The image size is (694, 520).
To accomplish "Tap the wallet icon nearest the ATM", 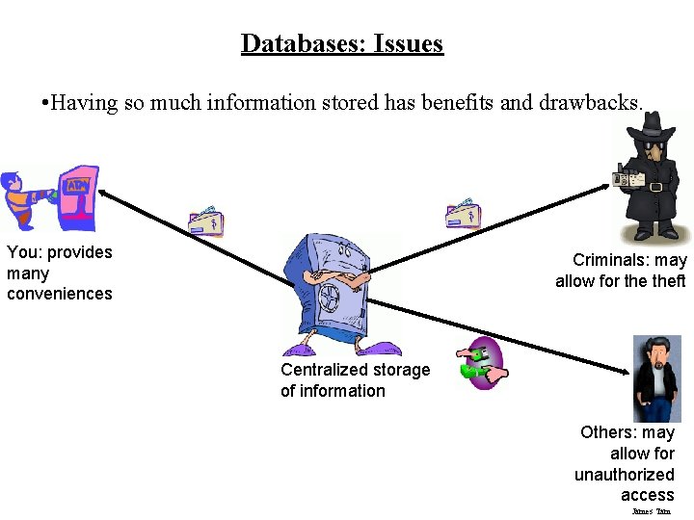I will coord(206,221).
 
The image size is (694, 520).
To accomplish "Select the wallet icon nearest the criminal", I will coord(463,214).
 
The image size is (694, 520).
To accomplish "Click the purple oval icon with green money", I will coord(479,363).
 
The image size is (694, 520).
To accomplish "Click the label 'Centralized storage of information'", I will coord(355,380).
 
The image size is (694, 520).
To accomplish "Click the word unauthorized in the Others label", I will coord(624,474).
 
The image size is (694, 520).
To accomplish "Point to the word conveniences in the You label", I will coord(60,294).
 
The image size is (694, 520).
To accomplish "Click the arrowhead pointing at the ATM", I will coord(101,193).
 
